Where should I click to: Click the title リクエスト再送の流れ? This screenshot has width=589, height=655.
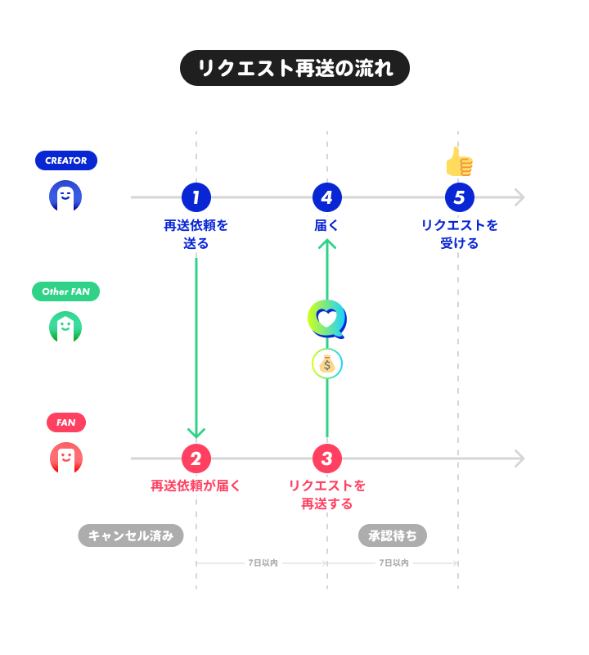pyautogui.click(x=294, y=69)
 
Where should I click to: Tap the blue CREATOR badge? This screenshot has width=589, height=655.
pyautogui.click(x=65, y=160)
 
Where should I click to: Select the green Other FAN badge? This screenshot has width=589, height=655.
pyautogui.click(x=65, y=291)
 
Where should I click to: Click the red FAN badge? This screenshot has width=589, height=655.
pyautogui.click(x=65, y=422)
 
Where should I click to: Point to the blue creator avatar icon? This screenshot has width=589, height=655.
pyautogui.click(x=65, y=196)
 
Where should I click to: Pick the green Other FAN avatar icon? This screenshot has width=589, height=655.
pyautogui.click(x=65, y=327)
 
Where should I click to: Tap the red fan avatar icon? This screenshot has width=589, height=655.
pyautogui.click(x=65, y=458)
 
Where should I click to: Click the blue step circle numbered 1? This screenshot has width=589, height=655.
pyautogui.click(x=196, y=197)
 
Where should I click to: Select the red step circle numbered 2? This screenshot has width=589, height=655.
pyautogui.click(x=196, y=458)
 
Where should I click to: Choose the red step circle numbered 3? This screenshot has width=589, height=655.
pyautogui.click(x=327, y=458)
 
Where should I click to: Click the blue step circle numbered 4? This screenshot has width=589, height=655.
pyautogui.click(x=327, y=197)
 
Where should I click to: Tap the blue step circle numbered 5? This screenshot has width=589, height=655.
pyautogui.click(x=459, y=197)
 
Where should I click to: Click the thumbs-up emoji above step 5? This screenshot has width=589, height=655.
pyautogui.click(x=459, y=162)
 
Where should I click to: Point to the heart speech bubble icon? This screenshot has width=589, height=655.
pyautogui.click(x=326, y=319)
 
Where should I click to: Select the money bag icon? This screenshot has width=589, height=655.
pyautogui.click(x=327, y=364)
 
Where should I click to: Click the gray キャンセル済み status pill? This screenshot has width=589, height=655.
pyautogui.click(x=131, y=535)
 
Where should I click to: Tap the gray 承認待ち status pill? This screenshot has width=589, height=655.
pyautogui.click(x=393, y=535)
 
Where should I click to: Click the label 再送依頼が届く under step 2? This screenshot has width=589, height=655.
pyautogui.click(x=196, y=486)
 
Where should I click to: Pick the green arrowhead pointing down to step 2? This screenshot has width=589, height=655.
pyautogui.click(x=196, y=433)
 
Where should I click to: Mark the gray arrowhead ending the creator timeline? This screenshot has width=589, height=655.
pyautogui.click(x=519, y=197)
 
